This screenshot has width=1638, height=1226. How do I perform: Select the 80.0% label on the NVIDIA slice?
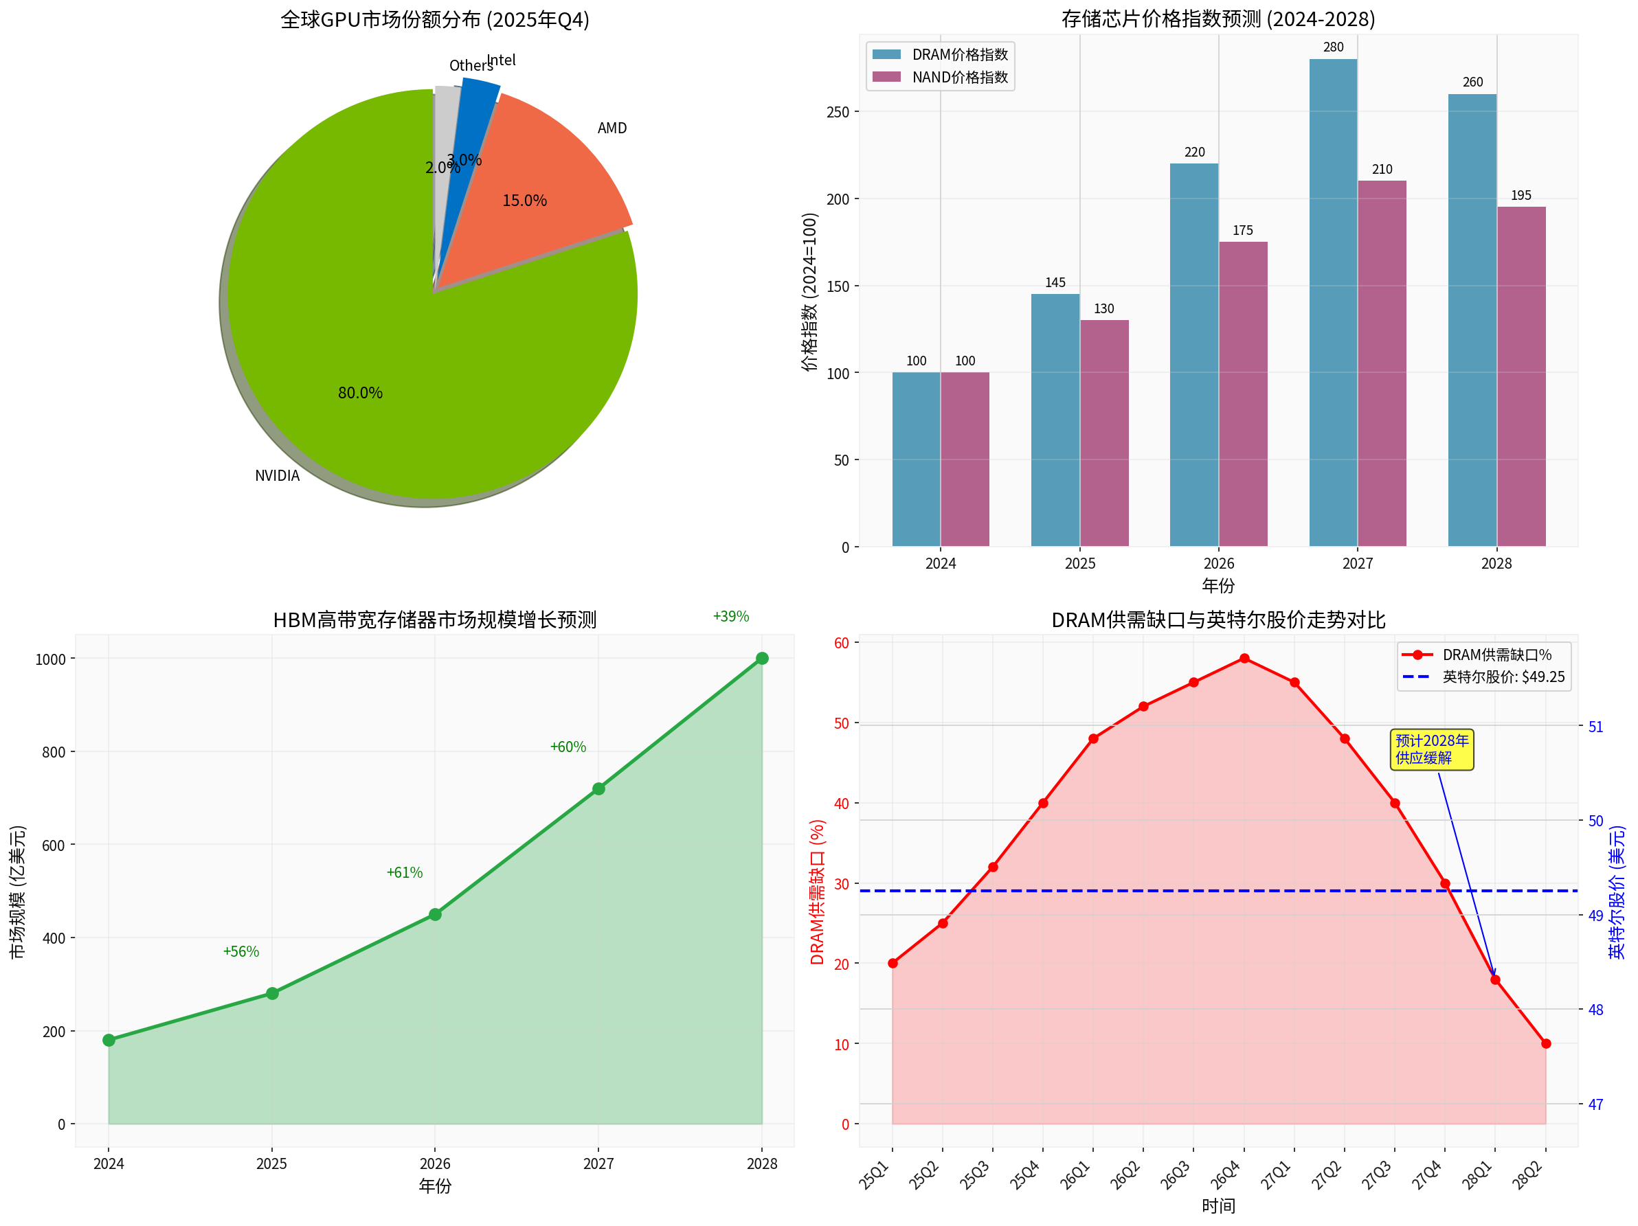[360, 393]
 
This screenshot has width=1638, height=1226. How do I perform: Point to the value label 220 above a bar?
[1194, 152]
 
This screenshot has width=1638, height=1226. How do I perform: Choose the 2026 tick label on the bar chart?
[1219, 563]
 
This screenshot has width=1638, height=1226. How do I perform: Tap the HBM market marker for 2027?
[598, 789]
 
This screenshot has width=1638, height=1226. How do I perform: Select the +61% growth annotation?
[404, 873]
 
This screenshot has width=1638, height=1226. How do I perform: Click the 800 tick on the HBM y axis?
[54, 752]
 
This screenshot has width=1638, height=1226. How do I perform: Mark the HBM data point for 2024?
[109, 1040]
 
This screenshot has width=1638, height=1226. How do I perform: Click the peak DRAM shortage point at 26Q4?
[1244, 658]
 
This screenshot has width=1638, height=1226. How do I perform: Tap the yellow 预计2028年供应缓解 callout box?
[1431, 749]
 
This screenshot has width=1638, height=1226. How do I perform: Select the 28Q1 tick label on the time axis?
[1477, 1176]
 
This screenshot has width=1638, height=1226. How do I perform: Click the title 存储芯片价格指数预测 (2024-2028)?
[1218, 19]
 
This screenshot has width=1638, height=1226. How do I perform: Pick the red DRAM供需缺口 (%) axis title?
[817, 892]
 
